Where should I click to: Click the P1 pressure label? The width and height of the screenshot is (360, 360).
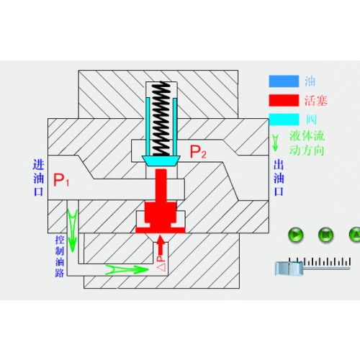[61, 180]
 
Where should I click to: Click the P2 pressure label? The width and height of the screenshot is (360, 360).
[198, 152]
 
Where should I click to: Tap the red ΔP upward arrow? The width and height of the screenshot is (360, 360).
[161, 246]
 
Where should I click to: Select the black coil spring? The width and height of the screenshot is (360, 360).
[161, 119]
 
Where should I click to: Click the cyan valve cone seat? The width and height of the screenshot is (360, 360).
[161, 161]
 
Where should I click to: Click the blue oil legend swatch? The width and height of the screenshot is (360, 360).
[284, 81]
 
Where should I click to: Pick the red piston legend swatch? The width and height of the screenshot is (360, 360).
[284, 100]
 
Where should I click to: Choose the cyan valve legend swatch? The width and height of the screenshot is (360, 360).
[284, 120]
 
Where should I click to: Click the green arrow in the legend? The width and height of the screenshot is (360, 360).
[275, 143]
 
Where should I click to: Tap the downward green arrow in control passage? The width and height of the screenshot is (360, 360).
[72, 230]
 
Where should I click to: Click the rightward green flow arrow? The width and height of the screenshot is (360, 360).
[127, 270]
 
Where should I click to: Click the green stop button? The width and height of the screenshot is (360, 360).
[325, 235]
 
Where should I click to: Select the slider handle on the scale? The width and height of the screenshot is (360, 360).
[289, 269]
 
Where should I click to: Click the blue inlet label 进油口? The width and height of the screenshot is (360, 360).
[38, 178]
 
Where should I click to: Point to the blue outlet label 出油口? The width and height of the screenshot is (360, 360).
[279, 178]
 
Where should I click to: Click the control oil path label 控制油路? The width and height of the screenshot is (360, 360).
[60, 256]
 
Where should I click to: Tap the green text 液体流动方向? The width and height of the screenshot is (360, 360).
[307, 143]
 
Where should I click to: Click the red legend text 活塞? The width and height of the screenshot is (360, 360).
[316, 100]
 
